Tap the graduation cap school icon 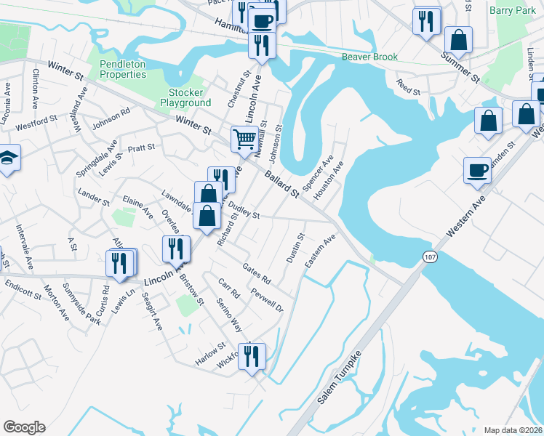[x=7, y=158]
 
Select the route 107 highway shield [x=428, y=257]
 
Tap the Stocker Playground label [x=190, y=97]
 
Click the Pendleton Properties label [x=122, y=69]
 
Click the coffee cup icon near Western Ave [x=477, y=169]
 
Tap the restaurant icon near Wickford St [x=252, y=356]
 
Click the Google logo [x=24, y=427]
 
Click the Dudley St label [x=244, y=211]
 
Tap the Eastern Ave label [x=320, y=250]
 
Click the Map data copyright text [x=512, y=429]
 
